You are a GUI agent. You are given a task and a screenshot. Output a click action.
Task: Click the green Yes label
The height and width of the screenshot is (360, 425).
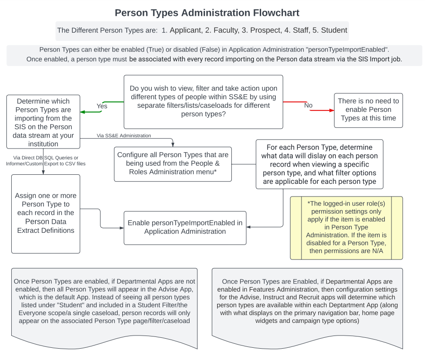(102, 106)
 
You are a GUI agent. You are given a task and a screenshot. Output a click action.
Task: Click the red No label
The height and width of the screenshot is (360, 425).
(308, 105)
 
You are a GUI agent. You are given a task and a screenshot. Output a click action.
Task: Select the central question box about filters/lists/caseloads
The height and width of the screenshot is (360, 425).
(203, 101)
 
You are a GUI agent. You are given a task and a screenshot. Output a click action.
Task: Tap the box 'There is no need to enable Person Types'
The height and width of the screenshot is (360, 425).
(368, 110)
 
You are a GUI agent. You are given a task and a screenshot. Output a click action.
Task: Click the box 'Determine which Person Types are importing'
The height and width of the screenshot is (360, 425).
(43, 122)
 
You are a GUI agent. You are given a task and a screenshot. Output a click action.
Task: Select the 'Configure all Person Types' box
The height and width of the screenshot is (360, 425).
(172, 163)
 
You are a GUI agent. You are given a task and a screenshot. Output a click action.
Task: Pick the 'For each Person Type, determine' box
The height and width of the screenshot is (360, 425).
(319, 164)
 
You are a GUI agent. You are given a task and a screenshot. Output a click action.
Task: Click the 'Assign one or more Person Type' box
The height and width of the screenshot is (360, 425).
(45, 214)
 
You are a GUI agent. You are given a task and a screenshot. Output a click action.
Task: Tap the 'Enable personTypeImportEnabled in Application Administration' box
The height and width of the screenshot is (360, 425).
(185, 227)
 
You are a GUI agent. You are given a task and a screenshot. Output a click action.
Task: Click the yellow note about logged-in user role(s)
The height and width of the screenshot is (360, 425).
(346, 227)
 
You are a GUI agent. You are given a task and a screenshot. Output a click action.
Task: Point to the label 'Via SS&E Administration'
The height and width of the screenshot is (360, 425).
(124, 135)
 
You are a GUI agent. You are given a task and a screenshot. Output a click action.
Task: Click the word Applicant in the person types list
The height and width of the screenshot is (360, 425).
(185, 31)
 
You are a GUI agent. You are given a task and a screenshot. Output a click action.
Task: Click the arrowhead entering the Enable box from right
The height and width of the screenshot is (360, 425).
(249, 227)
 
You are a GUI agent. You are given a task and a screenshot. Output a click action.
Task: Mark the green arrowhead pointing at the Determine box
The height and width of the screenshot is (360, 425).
(83, 112)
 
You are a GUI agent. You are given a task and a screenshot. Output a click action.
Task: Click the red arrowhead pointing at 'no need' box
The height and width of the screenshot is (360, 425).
(331, 110)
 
